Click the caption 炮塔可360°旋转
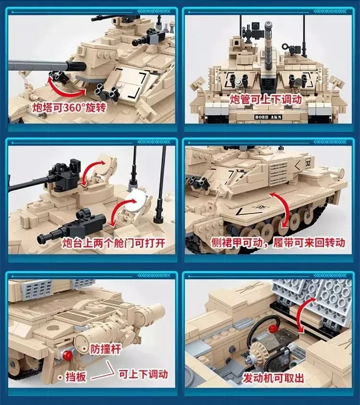pyautogui.click(x=68, y=107)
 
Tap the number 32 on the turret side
pyautogui.click(x=308, y=162)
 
